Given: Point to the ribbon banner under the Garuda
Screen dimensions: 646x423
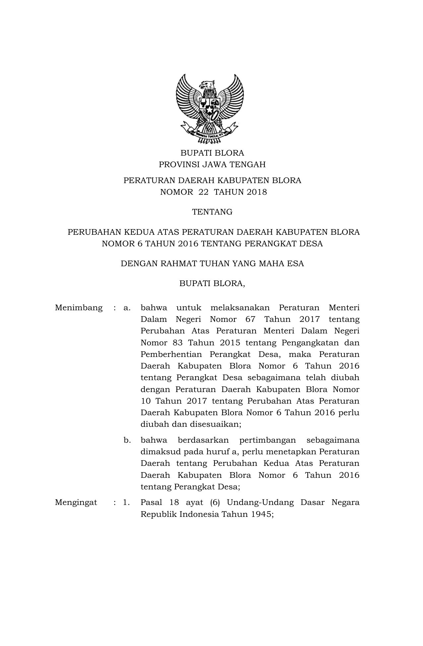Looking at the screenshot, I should tap(210, 134).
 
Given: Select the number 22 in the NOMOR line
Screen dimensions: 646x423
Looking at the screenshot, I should tap(202, 192).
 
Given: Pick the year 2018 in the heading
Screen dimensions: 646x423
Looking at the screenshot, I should tap(257, 192).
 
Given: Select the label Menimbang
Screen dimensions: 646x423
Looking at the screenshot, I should tap(79, 308).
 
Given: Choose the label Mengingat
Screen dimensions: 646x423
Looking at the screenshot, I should tap(76, 502).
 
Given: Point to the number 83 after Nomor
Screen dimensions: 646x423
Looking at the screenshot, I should tap(178, 343).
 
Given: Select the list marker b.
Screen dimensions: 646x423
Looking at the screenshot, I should tap(127, 440).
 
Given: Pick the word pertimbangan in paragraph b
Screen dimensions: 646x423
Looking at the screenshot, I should tap(267, 440).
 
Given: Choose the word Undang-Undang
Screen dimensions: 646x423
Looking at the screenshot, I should tap(260, 502).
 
